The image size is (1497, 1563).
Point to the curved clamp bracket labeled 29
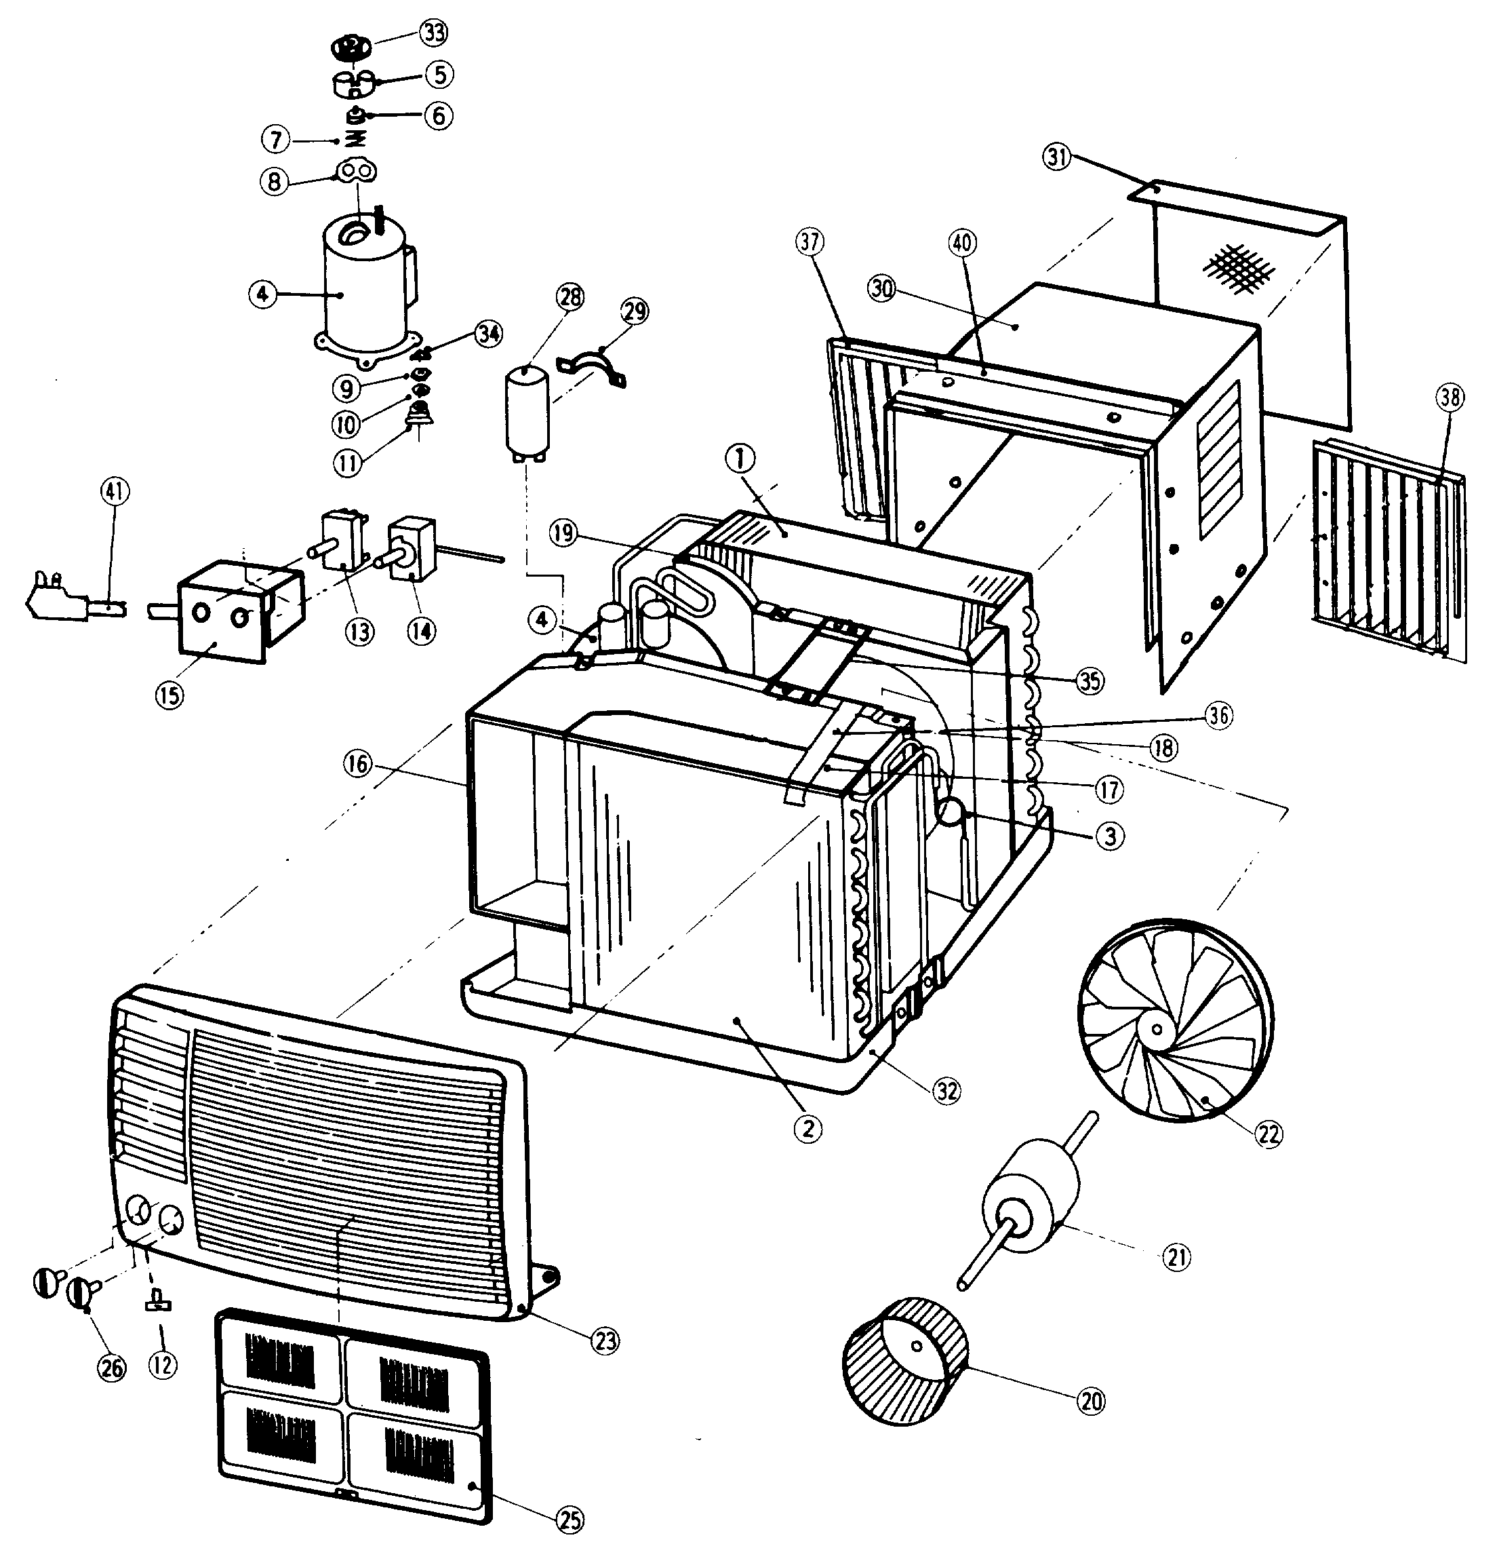(x=595, y=367)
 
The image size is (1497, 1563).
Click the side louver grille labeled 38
(x=1385, y=550)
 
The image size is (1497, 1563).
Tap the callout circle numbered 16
(x=358, y=764)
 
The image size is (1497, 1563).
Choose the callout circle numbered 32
(x=946, y=1090)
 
